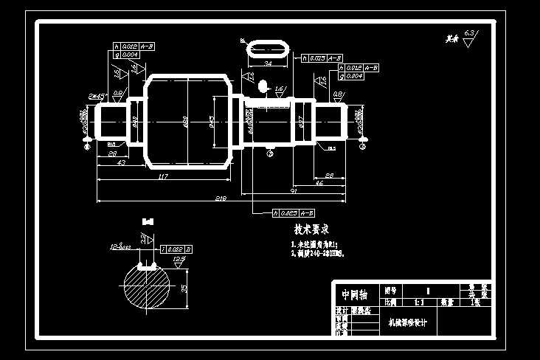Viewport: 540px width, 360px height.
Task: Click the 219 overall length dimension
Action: [221, 198]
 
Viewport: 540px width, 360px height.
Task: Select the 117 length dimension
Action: [163, 176]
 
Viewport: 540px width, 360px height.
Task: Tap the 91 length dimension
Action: [294, 190]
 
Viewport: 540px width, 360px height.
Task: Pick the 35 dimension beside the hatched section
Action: [183, 288]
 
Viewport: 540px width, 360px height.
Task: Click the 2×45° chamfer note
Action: [97, 96]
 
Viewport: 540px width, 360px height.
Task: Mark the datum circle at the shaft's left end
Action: [87, 146]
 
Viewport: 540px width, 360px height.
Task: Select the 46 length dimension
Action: [319, 182]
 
